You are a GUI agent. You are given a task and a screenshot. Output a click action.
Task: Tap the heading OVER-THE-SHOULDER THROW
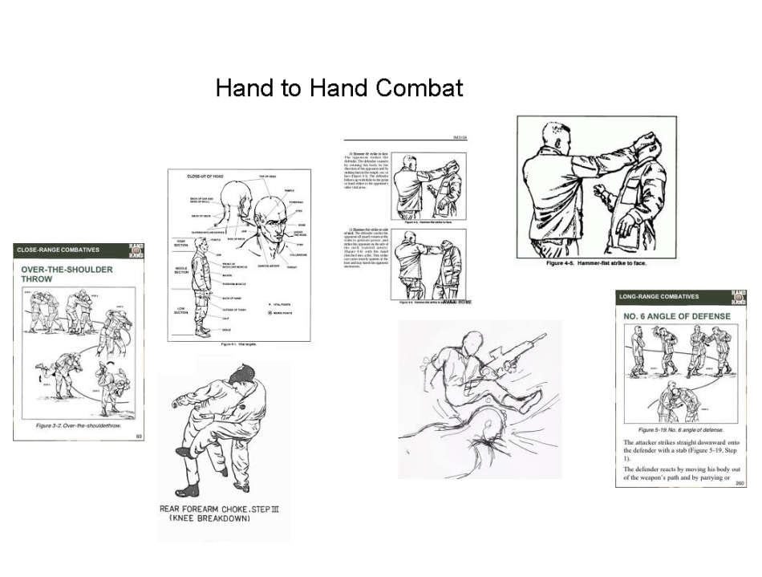click(x=66, y=274)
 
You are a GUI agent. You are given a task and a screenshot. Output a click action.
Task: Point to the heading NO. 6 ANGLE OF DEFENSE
click(x=677, y=316)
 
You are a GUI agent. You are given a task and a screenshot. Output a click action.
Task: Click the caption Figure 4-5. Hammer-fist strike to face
click(x=595, y=263)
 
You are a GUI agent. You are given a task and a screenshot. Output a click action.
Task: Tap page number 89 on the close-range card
click(x=139, y=436)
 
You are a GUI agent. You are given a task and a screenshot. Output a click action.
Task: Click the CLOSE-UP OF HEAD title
click(x=205, y=175)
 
